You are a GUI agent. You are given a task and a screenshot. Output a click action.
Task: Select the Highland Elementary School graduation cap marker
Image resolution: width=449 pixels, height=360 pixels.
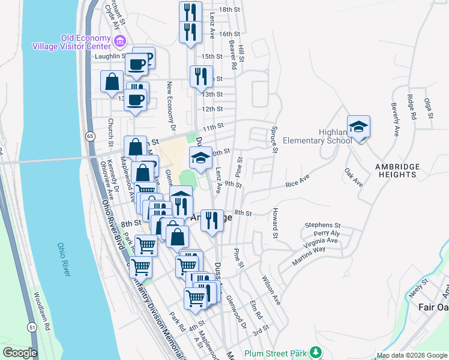[358, 127]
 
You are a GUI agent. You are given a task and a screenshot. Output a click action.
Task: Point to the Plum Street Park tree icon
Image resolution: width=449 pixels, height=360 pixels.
[312, 352]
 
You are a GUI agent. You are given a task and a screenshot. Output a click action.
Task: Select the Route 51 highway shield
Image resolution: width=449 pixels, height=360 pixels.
[31, 327]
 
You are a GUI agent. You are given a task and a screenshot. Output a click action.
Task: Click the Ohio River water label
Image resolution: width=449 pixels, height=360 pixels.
[65, 259]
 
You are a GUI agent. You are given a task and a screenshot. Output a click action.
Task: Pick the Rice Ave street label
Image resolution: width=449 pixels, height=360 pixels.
[297, 182]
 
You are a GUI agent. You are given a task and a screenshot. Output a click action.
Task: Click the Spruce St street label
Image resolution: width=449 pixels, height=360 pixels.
[274, 139]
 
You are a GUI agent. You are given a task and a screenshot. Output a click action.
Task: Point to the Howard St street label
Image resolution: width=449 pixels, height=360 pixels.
[276, 221]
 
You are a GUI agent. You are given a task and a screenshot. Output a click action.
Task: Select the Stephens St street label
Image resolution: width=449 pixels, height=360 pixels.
[322, 225]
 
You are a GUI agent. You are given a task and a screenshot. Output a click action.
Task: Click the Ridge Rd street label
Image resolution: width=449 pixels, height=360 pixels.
[411, 106]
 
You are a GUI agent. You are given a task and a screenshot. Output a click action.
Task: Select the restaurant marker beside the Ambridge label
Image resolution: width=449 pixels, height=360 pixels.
[211, 221]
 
